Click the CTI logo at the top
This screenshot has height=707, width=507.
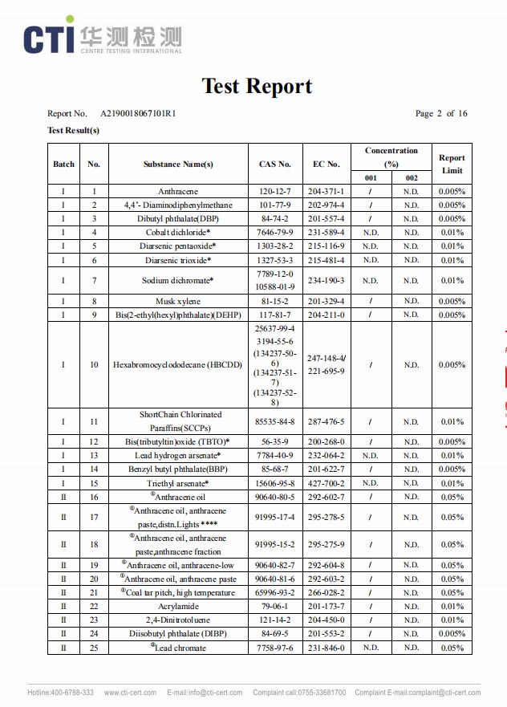tap(103, 37)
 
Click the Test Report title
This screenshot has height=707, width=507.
tap(257, 86)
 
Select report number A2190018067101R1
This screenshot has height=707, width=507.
tap(138, 114)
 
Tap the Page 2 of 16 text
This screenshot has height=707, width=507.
tap(441, 114)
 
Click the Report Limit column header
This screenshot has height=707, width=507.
tap(452, 164)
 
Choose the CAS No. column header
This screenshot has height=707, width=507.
tap(275, 165)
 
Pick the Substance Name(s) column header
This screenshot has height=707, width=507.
tap(178, 165)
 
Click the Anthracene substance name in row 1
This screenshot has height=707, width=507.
tap(178, 192)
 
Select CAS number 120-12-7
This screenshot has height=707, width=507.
tap(275, 192)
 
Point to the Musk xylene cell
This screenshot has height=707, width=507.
tap(178, 302)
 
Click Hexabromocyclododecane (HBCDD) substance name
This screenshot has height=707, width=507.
tap(178, 364)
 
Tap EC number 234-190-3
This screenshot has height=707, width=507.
tap(327, 281)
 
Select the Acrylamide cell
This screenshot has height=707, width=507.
tap(178, 607)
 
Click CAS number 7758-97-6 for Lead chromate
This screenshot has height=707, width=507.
tap(275, 648)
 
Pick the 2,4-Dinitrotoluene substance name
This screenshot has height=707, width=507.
tap(178, 620)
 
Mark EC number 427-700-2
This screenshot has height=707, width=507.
tap(327, 483)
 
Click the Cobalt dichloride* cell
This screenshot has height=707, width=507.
tap(178, 233)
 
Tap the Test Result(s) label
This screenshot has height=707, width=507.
tap(74, 130)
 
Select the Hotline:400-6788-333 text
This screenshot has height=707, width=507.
tap(61, 693)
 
